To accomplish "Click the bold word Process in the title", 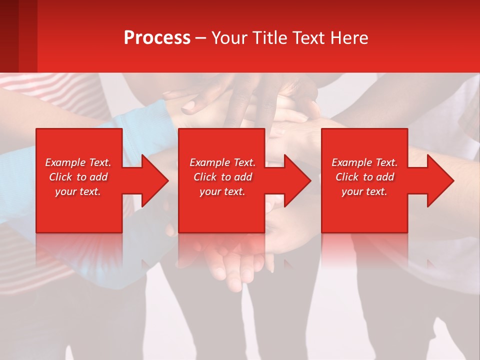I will [157, 38].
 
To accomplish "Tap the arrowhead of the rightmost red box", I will [440, 180].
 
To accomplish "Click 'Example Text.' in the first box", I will [78, 162].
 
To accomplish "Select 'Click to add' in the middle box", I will [222, 177].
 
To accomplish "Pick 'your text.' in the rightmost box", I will [364, 191].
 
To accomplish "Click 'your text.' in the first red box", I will [78, 191].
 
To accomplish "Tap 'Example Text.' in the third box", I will [364, 162].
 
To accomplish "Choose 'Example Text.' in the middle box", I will [222, 162].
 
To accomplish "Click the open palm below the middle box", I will [232, 265].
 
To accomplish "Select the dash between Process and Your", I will [200, 38].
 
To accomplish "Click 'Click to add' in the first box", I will [78, 177].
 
